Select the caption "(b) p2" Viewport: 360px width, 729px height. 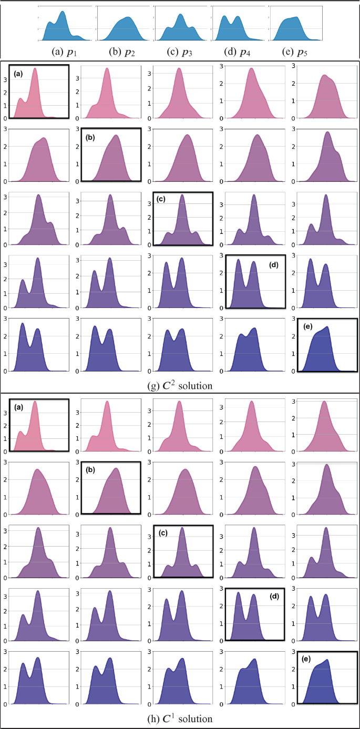[122, 51]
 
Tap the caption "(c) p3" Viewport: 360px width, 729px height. [180, 51]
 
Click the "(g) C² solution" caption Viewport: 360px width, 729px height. [180, 386]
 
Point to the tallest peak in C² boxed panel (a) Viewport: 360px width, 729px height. [35, 69]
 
